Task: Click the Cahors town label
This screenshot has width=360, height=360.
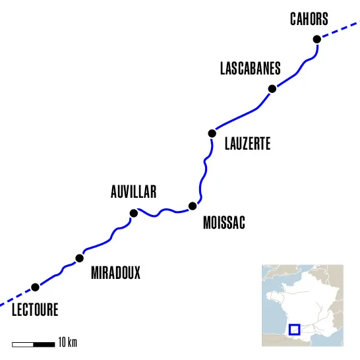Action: click(309, 19)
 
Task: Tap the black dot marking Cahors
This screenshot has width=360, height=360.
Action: click(316, 40)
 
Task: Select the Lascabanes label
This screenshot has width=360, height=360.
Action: click(250, 69)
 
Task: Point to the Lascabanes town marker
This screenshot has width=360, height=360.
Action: click(272, 89)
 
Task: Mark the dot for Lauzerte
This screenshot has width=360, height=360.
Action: click(212, 133)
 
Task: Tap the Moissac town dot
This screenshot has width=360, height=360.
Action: click(193, 206)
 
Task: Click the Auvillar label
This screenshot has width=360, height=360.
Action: click(133, 192)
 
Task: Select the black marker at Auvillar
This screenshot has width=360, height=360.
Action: click(134, 213)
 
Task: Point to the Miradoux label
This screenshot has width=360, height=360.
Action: click(115, 273)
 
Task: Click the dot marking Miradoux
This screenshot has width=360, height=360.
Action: click(80, 258)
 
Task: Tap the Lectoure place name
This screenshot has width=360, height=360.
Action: click(35, 309)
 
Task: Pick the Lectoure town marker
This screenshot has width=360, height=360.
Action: click(35, 287)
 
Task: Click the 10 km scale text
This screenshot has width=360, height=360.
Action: click(68, 343)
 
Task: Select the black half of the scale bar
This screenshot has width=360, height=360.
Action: click(44, 344)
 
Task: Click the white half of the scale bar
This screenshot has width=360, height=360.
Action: click(23, 344)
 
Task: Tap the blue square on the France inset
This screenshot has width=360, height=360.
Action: click(295, 329)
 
